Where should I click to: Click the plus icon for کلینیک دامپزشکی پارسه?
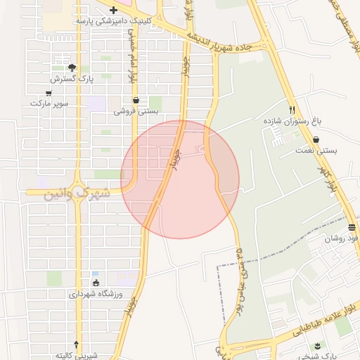click(x=114, y=11)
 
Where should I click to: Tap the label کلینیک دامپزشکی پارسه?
click(x=114, y=22)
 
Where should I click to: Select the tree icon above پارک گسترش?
click(x=72, y=67)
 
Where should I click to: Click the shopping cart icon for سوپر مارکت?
click(x=49, y=93)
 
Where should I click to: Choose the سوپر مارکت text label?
click(x=49, y=103)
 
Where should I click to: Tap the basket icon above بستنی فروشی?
click(x=136, y=100)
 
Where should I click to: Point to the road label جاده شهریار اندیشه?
click(x=229, y=39)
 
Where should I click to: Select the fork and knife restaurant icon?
click(x=292, y=110)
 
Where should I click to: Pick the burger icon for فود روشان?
click(x=351, y=226)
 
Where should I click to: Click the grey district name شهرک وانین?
click(x=77, y=192)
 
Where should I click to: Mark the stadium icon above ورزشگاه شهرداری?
click(x=96, y=283)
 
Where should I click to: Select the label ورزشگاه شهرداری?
click(x=96, y=294)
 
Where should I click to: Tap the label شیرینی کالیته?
click(x=76, y=354)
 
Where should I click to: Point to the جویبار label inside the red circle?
click(x=179, y=158)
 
